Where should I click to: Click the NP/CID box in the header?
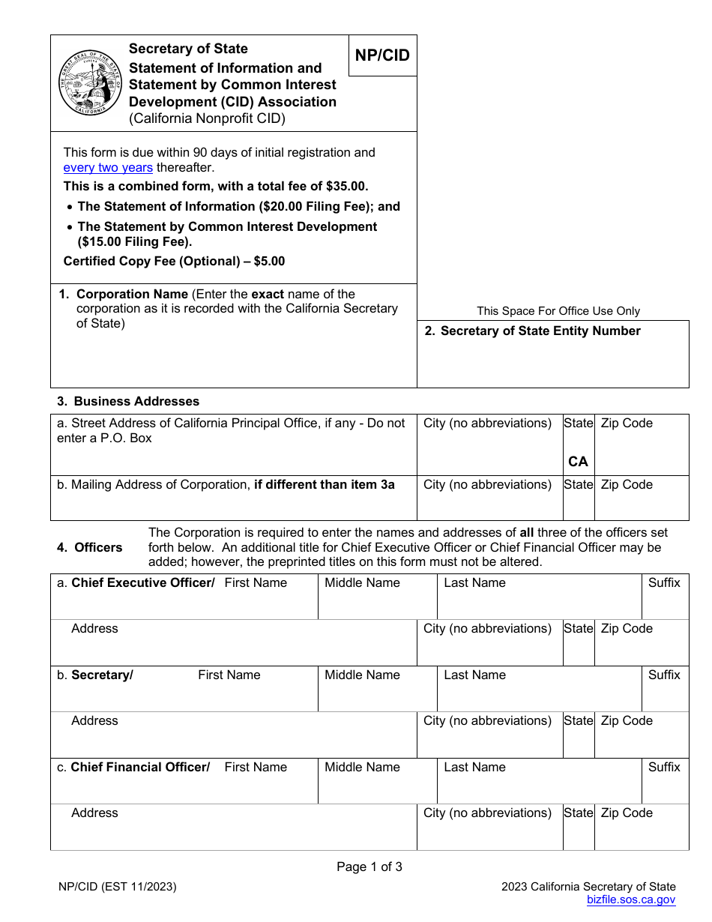(382, 55)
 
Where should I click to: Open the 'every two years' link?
(108, 168)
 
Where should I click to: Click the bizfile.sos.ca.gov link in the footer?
(631, 900)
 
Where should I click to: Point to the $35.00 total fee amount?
(347, 187)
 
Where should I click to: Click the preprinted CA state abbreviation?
(578, 462)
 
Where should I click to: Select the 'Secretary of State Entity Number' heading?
(540, 331)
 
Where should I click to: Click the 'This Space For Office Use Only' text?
(558, 311)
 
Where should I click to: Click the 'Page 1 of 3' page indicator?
(369, 867)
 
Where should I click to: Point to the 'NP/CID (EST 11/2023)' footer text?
(118, 887)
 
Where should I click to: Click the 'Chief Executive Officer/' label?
(142, 583)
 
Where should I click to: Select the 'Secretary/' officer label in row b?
(102, 675)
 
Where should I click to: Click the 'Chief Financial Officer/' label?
(140, 768)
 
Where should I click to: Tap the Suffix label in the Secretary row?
(664, 675)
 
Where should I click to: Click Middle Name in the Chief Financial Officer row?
(362, 768)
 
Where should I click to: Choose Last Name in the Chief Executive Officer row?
(474, 583)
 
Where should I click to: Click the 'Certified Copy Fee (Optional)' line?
(174, 262)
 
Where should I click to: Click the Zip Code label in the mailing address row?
(627, 485)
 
